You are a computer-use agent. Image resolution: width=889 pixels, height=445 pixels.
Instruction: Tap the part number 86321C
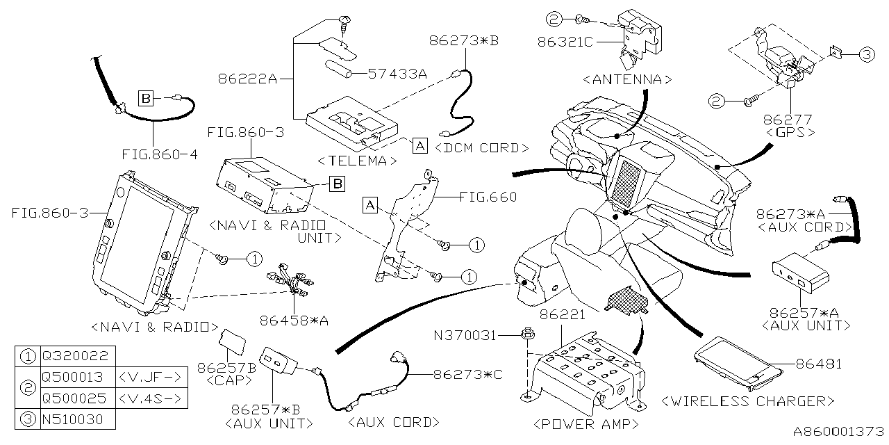pos(564,42)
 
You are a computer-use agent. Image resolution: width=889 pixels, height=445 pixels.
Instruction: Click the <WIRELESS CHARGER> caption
pos(748,401)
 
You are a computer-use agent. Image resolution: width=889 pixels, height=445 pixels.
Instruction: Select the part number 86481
pos(820,364)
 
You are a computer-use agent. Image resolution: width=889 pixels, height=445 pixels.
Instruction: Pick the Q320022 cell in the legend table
pos(75,356)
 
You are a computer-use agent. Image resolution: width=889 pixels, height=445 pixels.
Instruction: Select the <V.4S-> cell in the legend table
pos(150,398)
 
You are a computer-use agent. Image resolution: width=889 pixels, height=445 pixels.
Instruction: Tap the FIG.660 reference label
pos(488,197)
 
